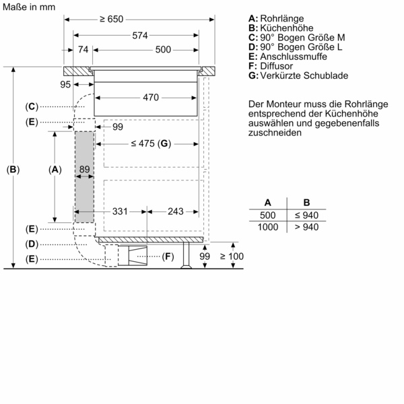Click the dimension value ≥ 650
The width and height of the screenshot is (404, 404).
[112, 20]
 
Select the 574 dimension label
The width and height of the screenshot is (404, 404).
[140, 34]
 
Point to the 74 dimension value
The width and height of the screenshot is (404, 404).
[83, 49]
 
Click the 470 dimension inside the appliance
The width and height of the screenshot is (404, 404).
[150, 98]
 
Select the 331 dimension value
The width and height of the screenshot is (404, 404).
[120, 211]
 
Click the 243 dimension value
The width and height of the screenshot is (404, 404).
[175, 211]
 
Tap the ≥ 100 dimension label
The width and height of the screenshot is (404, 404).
[236, 256]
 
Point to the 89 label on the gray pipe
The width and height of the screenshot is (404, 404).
[84, 170]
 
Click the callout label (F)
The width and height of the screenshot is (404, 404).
[168, 257]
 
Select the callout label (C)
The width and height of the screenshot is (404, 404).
[31, 107]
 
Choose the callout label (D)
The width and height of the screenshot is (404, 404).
[31, 244]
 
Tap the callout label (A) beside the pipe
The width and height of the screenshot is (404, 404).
[55, 170]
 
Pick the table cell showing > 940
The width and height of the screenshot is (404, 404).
[306, 227]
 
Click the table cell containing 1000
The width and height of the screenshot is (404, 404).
[268, 227]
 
